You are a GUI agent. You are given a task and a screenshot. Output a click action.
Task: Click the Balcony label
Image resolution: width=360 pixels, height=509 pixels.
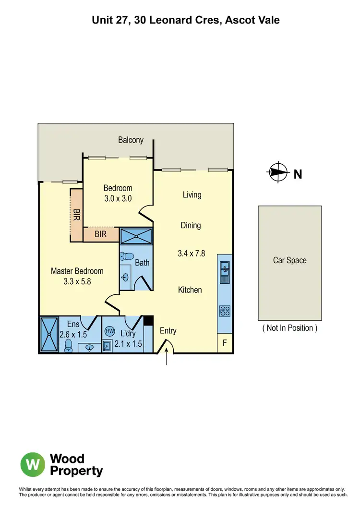[131, 140]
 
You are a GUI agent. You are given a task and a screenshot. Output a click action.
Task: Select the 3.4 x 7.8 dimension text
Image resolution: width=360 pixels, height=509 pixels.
[191, 253]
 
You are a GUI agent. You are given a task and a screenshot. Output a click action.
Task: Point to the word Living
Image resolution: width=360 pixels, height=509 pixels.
[192, 195]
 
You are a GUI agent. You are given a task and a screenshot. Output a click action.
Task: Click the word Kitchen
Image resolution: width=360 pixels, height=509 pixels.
[190, 290]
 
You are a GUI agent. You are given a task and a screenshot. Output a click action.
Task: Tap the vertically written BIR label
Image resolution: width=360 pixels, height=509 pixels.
[76, 215]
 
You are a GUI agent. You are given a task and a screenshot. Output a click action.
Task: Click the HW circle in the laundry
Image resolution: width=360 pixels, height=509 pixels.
[109, 331]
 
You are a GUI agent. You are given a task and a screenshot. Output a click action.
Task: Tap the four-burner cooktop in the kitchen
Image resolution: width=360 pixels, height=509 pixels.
[224, 311]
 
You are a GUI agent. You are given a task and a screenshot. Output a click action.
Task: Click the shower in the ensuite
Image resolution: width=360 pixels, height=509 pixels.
[48, 334]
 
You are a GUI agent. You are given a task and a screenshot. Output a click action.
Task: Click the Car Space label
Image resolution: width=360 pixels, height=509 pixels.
[289, 261]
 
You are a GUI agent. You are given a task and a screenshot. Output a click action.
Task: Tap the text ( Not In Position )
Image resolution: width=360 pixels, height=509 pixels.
[289, 328]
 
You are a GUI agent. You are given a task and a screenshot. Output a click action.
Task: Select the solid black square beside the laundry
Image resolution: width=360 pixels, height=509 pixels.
[148, 320]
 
